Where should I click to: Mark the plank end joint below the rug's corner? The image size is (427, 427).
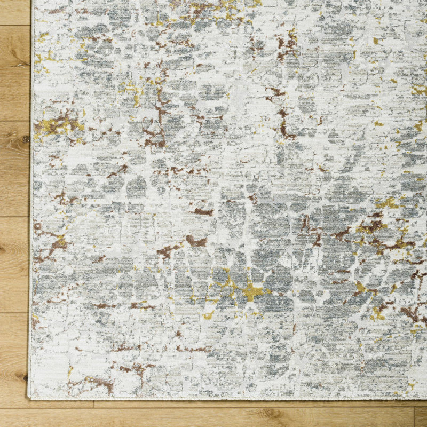pyautogui.click(x=94, y=404)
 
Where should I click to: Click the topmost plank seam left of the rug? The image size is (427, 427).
pyautogui.click(x=15, y=26)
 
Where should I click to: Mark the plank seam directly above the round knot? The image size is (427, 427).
pyautogui.click(x=15, y=121)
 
